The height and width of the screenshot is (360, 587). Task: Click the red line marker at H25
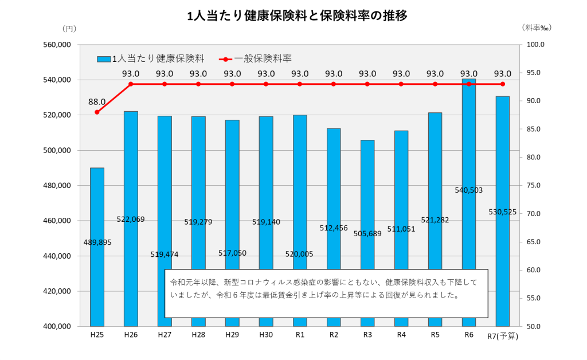click(x=97, y=112)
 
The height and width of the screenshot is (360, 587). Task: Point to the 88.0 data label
click(x=97, y=101)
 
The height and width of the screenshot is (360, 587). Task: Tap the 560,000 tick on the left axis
click(x=56, y=45)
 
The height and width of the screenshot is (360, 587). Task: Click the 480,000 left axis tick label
click(x=56, y=186)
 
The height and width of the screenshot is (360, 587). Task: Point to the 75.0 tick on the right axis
click(x=535, y=186)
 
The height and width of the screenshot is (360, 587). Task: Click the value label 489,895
click(x=97, y=242)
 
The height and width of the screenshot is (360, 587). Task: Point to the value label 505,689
click(x=367, y=233)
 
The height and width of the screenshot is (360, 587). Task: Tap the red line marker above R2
click(x=334, y=84)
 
